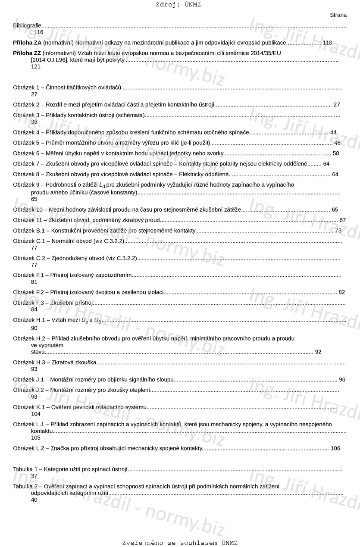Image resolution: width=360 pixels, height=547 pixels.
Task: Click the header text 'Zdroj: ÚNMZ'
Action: click(x=178, y=5)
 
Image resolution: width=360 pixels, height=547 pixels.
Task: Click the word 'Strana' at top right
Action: click(x=338, y=15)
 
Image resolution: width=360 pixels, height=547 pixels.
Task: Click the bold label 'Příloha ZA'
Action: click(x=27, y=43)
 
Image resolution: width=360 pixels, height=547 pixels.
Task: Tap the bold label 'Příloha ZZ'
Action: click(x=27, y=53)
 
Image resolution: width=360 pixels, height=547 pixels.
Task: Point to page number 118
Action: click(x=327, y=43)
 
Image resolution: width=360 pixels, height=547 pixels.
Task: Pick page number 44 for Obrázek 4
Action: click(x=333, y=132)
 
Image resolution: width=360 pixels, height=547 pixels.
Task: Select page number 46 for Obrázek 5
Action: click(x=337, y=143)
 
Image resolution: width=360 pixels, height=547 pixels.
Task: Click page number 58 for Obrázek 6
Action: click(x=336, y=153)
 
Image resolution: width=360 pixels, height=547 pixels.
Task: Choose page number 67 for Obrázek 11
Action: click(x=343, y=220)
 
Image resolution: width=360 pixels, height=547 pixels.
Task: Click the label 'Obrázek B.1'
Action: click(x=29, y=231)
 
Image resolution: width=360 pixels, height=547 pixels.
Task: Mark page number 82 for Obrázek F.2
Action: click(x=342, y=292)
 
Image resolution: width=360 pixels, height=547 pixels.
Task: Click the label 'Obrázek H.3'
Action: click(x=29, y=363)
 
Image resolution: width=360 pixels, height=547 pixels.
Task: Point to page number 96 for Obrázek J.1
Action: click(x=342, y=380)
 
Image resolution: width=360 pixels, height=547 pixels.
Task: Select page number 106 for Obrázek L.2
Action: click(x=335, y=448)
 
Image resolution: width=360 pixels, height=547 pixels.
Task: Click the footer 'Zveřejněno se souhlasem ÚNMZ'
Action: click(x=180, y=543)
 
